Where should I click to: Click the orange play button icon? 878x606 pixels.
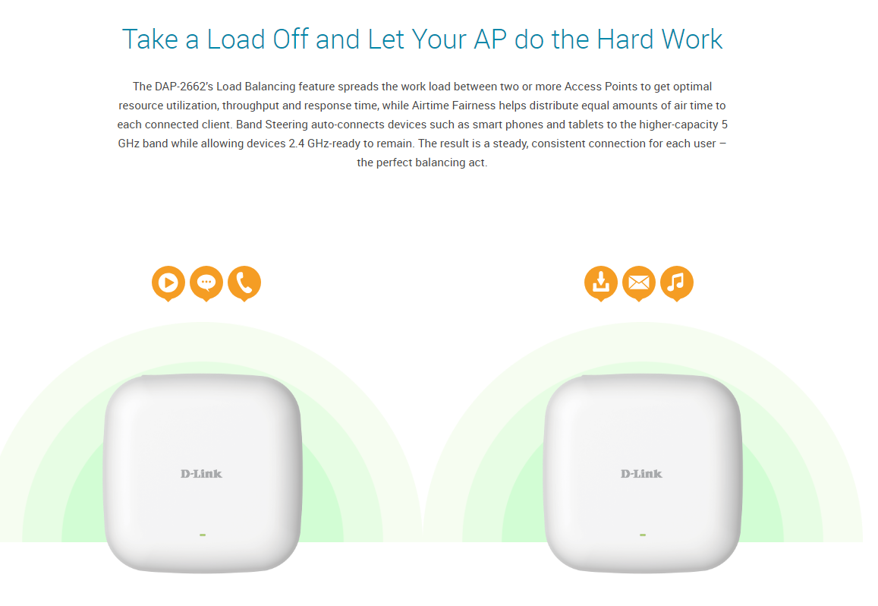[x=168, y=283]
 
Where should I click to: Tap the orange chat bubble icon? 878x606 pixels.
[x=206, y=283]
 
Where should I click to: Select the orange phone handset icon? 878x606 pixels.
[x=244, y=283]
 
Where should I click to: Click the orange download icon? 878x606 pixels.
[x=601, y=283]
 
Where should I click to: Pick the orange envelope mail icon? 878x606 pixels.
[x=639, y=283]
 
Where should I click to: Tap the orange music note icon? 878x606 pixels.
[x=677, y=283]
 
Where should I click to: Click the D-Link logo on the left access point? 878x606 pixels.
[x=202, y=475]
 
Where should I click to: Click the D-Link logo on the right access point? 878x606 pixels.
[x=642, y=475]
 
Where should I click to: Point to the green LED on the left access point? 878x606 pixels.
[x=203, y=535]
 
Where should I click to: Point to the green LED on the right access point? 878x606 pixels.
[x=643, y=535]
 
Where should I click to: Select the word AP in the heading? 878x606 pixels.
[x=490, y=39]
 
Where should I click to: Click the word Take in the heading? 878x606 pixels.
[x=149, y=39]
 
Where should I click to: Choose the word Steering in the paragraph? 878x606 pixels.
[x=287, y=125]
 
